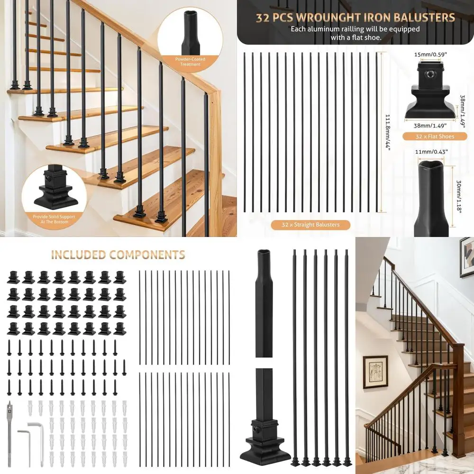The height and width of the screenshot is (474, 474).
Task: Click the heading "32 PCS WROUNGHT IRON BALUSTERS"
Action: tap(355, 18)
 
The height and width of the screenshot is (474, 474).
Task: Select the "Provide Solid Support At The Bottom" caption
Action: tap(54, 219)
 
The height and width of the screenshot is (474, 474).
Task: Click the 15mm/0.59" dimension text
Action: tap(429, 54)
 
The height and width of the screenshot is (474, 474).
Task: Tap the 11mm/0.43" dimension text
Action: tap(431, 151)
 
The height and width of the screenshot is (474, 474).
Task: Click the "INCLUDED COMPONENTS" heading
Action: tap(118, 255)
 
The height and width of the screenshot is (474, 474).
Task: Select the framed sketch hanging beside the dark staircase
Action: tap(375, 372)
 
